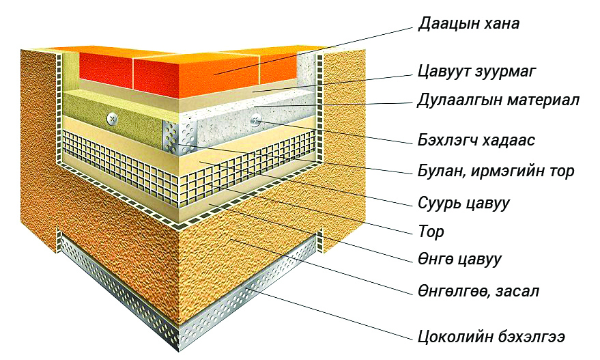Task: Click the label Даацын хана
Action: (469, 23)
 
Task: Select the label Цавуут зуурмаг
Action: (476, 71)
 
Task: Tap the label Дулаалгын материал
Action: (498, 100)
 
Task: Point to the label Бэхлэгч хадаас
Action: (476, 140)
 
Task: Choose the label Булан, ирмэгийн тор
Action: (496, 171)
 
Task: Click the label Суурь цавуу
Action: (463, 203)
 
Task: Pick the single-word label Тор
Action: (431, 232)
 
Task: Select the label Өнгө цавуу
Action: (459, 260)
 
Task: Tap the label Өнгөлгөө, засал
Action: (478, 292)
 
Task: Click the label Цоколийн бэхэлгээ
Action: (491, 337)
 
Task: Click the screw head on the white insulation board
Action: (255, 121)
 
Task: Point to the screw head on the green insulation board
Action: (112, 118)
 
